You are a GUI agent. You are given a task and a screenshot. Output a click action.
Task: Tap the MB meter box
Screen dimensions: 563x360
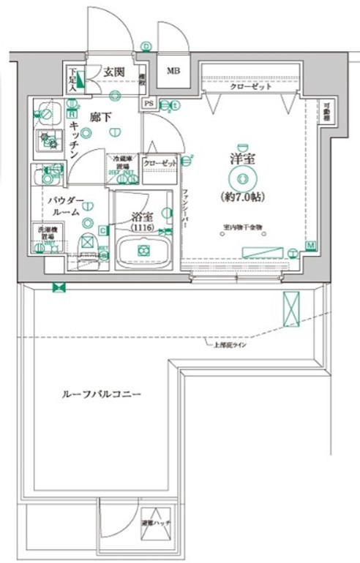click(x=173, y=71)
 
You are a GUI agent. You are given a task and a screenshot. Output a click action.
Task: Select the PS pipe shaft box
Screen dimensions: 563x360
click(x=149, y=104)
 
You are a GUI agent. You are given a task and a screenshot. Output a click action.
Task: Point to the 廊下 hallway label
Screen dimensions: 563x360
click(x=100, y=116)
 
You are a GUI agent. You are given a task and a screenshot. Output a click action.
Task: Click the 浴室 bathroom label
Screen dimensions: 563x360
click(x=143, y=217)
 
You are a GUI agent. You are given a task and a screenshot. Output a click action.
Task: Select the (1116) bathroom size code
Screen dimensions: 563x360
click(x=143, y=228)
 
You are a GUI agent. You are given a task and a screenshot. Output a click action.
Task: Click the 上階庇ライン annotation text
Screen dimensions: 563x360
click(x=229, y=344)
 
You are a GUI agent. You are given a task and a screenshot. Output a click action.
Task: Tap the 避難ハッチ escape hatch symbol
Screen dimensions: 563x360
click(x=154, y=524)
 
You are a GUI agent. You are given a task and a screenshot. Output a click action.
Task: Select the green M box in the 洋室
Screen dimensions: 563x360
click(x=310, y=245)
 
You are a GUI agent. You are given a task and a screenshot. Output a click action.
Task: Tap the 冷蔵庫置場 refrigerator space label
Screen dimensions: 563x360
click(x=122, y=162)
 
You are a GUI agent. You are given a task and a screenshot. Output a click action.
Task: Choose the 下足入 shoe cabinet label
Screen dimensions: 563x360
click(x=74, y=78)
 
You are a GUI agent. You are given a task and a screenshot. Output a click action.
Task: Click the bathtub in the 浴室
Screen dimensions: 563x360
click(x=143, y=251)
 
